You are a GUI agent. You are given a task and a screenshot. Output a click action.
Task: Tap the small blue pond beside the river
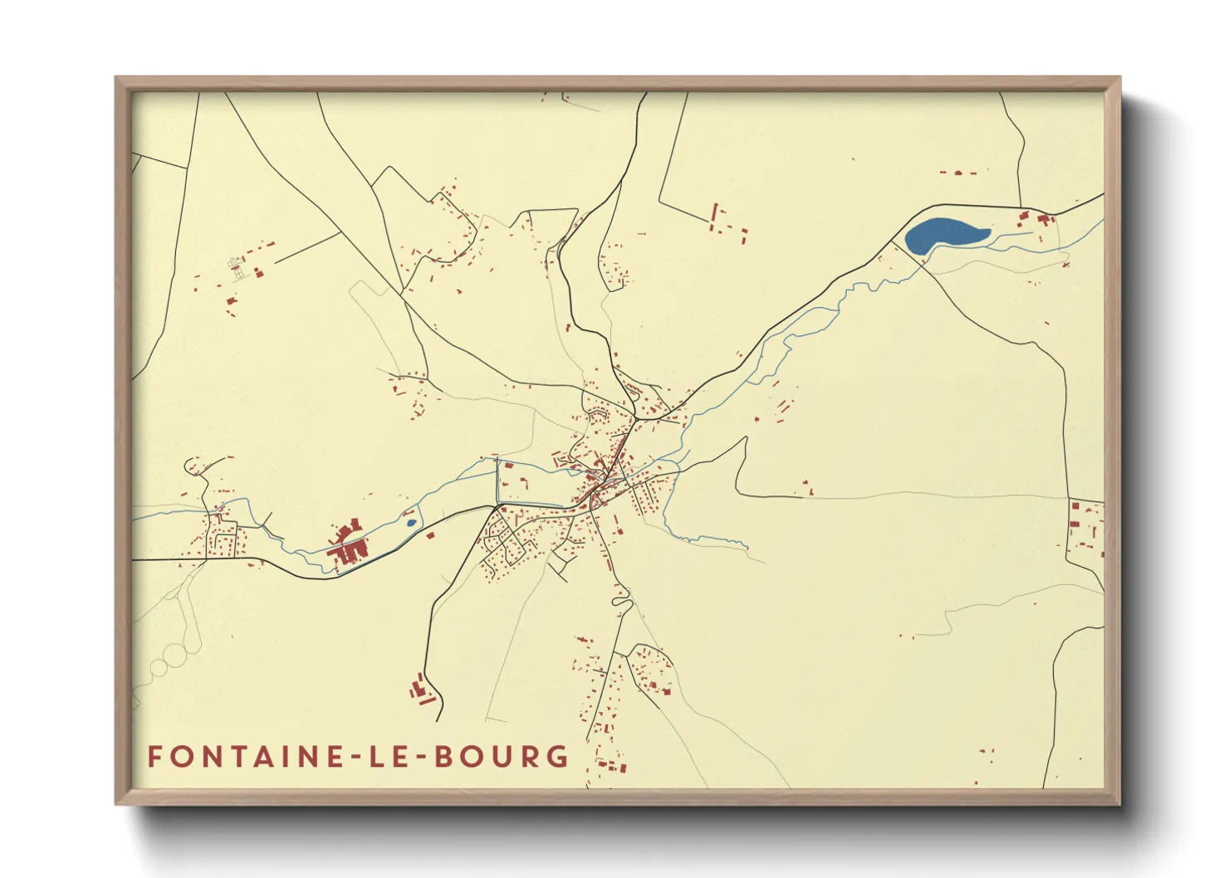409,523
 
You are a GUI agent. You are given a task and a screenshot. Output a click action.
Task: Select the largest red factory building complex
347,548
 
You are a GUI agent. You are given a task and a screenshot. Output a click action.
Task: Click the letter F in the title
155,757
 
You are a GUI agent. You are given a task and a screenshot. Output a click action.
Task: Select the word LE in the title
387,757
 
